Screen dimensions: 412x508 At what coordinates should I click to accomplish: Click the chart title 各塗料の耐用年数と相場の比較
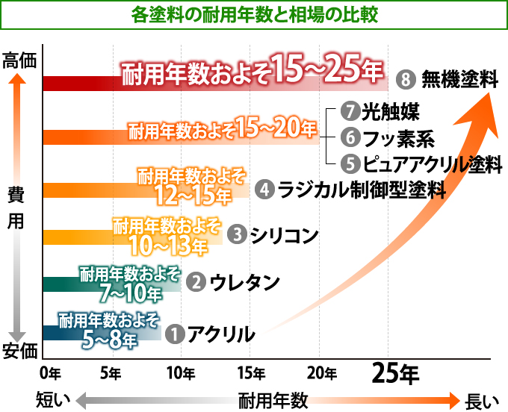point(254,13)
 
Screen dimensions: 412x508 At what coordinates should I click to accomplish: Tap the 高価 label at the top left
point(19,60)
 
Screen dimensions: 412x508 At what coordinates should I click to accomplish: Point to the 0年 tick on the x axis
point(49,372)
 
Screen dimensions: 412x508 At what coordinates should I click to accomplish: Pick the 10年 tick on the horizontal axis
point(181,372)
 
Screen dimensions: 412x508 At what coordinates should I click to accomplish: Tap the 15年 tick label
point(251,372)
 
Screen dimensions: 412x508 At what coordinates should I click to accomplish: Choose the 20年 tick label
point(320,372)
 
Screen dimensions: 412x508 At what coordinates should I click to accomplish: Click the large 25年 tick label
point(395,371)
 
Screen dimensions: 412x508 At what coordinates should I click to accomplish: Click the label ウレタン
point(245,282)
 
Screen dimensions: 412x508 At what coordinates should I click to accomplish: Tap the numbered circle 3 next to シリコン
point(237,234)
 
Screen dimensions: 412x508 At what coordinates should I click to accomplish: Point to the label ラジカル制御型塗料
point(361,190)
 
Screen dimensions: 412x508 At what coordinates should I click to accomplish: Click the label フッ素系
point(394,138)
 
